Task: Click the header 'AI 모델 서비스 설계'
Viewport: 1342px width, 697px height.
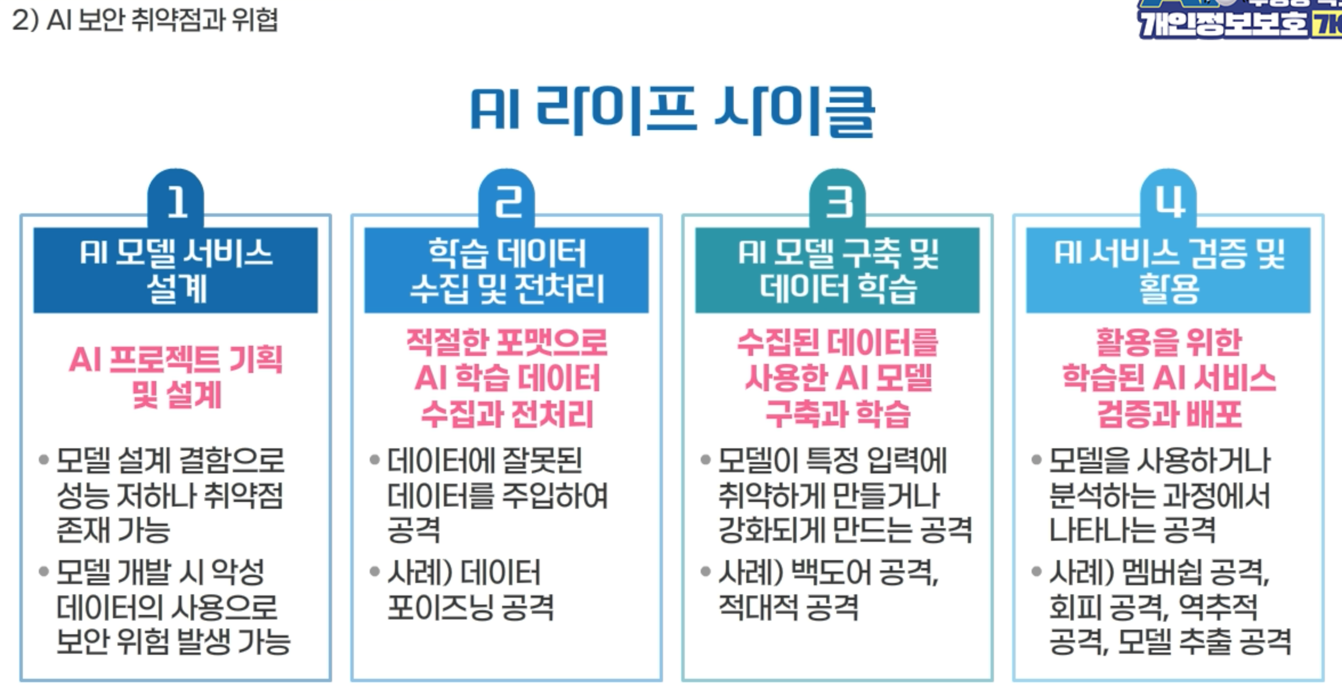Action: pos(176,270)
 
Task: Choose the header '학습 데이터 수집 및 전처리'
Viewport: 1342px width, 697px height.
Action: pos(507,270)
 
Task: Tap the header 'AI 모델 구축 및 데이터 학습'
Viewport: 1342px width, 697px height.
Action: pos(838,270)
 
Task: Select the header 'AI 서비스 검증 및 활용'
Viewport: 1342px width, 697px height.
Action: pos(1168,270)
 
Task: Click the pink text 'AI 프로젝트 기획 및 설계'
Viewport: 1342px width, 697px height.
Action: pos(176,377)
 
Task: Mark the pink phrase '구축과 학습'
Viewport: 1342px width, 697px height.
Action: pos(838,414)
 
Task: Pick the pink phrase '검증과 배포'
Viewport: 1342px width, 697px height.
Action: pos(1169,414)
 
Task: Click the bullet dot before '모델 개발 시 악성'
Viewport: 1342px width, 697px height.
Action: pos(43,572)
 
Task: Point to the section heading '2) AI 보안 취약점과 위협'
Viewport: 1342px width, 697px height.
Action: pos(145,21)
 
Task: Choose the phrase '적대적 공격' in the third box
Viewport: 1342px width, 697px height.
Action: pos(788,607)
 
